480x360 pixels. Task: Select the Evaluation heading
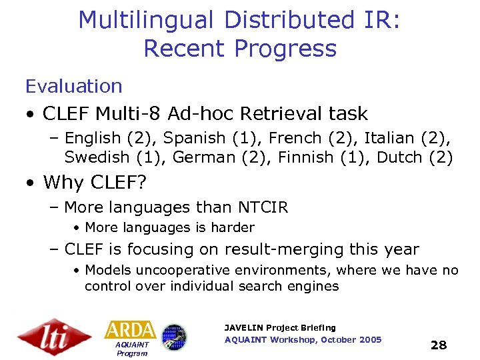(x=74, y=86)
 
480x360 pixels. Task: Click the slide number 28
(x=439, y=345)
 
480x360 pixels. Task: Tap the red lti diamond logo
(x=54, y=336)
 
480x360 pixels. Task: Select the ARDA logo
(x=130, y=329)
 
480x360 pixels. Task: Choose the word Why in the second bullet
(x=63, y=182)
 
